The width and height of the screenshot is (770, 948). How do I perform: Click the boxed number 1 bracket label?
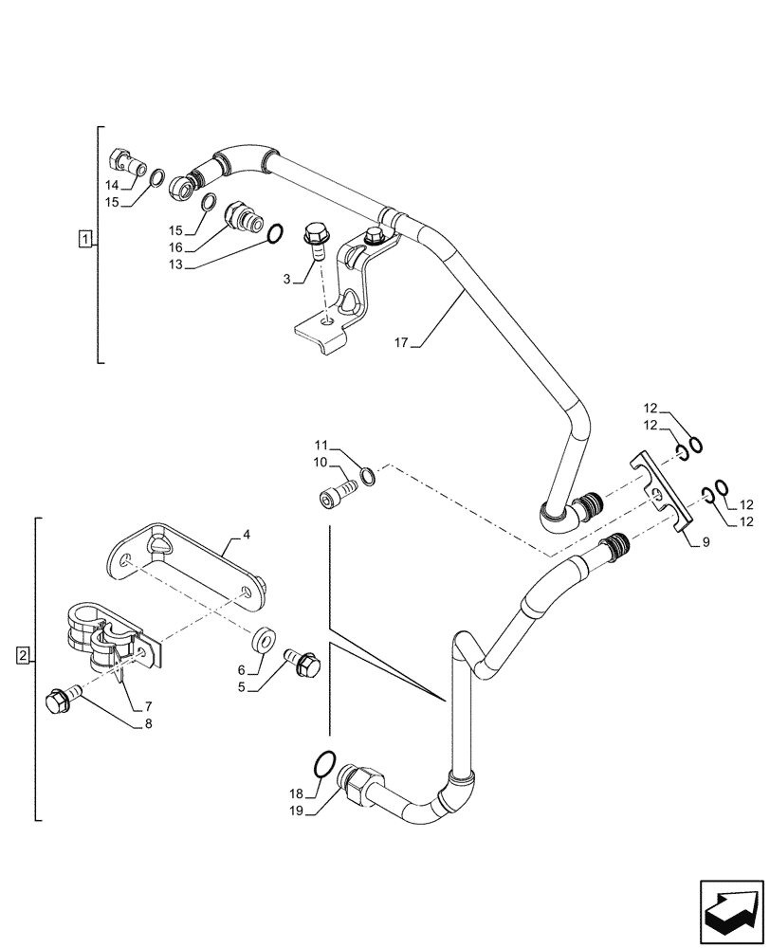pos(85,239)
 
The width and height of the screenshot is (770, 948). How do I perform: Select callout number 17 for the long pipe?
pos(401,343)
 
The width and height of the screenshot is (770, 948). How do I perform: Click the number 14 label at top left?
pos(112,187)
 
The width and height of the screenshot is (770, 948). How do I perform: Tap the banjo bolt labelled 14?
pos(125,159)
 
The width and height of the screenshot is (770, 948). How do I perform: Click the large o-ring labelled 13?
pos(274,232)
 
